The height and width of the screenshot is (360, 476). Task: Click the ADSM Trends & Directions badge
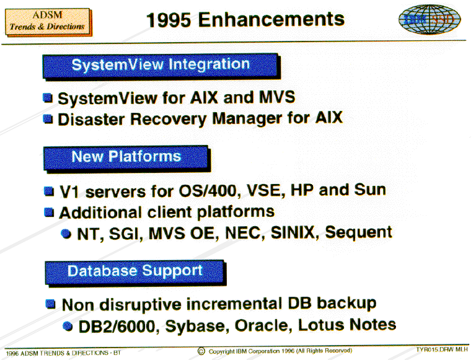[x=48, y=22]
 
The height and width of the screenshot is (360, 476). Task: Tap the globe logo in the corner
[x=430, y=19]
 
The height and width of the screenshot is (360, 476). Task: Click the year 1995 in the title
[x=169, y=20]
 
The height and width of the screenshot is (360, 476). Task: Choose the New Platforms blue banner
[x=127, y=158]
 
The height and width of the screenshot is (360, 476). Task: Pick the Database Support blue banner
[x=135, y=272]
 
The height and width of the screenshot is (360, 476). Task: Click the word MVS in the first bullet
[x=277, y=97]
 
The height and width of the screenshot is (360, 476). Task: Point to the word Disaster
[x=91, y=119]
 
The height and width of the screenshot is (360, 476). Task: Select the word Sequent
[x=358, y=233]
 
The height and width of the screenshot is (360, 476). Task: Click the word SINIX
[x=293, y=232]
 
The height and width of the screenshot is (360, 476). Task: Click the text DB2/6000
[x=117, y=327]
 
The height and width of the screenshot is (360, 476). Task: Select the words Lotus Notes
[x=347, y=325]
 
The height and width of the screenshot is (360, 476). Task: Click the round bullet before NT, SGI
[x=66, y=234]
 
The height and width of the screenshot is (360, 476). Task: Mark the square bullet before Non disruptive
[x=50, y=304]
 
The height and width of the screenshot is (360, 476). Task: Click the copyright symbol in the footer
[x=201, y=351]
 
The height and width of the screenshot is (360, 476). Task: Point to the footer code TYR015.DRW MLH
[x=442, y=349]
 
